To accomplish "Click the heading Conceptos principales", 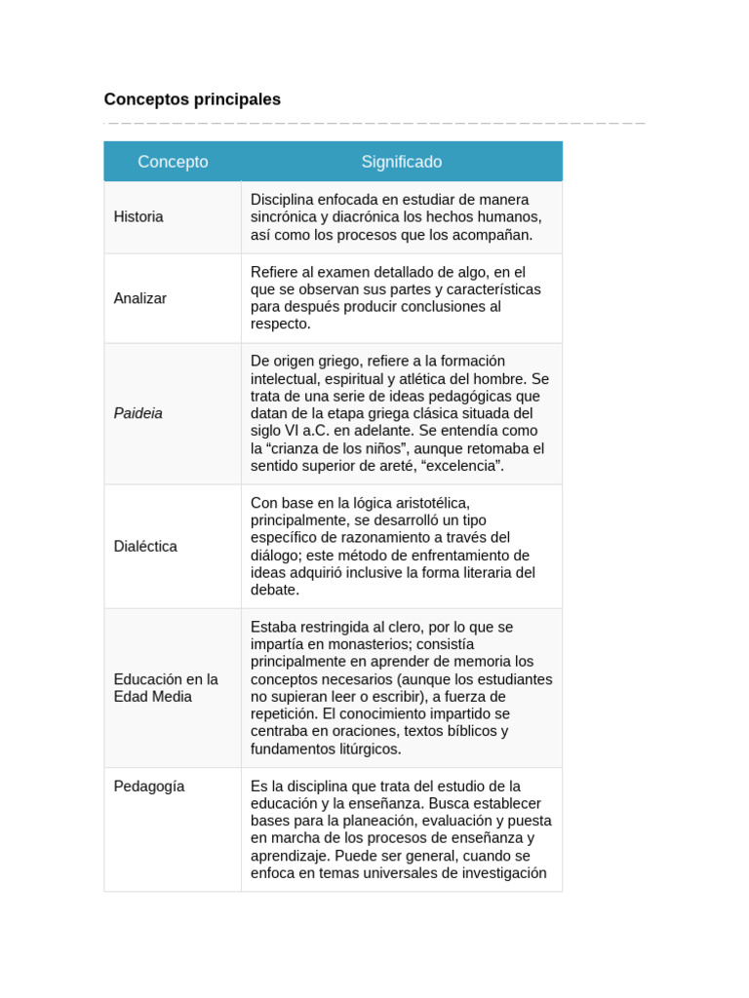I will pos(192,99).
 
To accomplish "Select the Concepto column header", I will pos(173,162).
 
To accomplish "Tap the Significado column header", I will pos(401,162).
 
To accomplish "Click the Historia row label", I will pos(138,217).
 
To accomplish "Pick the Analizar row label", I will pos(140,298).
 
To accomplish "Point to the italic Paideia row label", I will pos(138,413).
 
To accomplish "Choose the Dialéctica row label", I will pos(145,547).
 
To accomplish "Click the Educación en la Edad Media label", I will pos(165,688).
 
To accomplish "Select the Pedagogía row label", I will pos(149,787).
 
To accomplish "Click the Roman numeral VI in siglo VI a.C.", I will pos(297,431).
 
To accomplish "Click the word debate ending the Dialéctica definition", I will pos(274,591).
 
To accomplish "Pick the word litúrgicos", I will pos(366,749).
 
